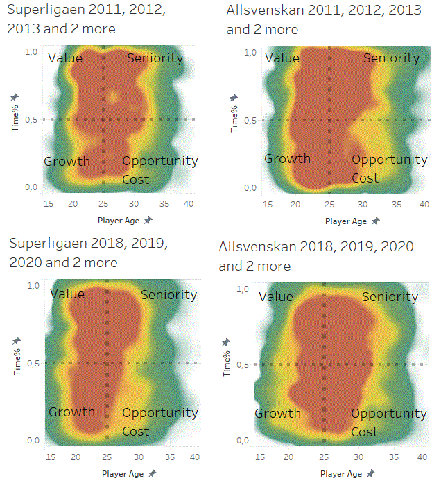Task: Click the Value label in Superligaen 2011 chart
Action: point(65,58)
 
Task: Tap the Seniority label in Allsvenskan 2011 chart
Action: point(391,58)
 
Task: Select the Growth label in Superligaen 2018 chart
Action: point(71,412)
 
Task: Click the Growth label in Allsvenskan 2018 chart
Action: point(278,414)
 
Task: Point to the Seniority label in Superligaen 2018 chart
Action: point(168,294)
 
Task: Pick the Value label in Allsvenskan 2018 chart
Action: point(275,296)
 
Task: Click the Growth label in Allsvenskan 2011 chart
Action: point(287,158)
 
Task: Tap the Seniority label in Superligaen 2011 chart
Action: point(155,58)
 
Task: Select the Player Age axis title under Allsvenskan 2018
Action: point(340,474)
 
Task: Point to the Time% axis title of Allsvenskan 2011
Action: point(234,117)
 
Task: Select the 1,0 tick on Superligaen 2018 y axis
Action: point(33,285)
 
